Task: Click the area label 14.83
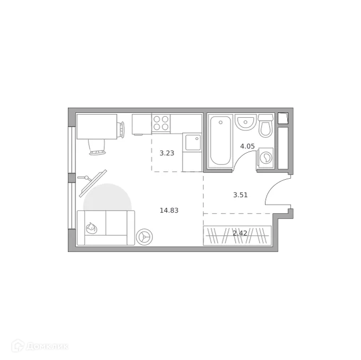169,210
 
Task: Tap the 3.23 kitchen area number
167,153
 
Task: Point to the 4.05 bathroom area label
247,146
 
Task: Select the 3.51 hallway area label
240,195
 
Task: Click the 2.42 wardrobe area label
240,233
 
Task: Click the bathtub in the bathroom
220,141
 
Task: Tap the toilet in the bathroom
265,126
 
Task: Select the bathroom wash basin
245,122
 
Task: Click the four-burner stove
161,123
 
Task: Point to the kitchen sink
192,143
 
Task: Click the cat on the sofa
92,227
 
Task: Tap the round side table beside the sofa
144,236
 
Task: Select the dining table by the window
97,126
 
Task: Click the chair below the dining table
97,147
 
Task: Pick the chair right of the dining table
122,129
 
